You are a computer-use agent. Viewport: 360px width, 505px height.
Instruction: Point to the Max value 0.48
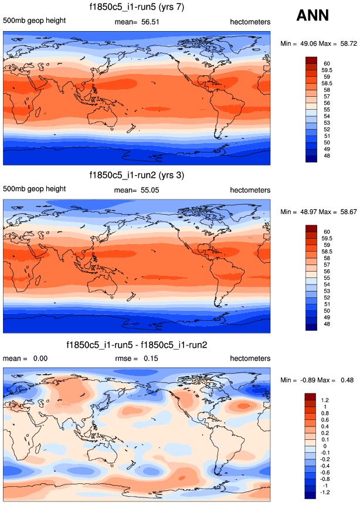pos(344,380)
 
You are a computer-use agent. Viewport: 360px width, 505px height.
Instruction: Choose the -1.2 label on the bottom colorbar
pos(326,493)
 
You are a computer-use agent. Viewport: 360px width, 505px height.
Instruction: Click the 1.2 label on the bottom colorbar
pos(325,399)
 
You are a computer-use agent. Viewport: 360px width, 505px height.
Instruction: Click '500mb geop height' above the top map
pos(35,22)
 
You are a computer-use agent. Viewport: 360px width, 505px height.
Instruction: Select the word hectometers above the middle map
pos(250,191)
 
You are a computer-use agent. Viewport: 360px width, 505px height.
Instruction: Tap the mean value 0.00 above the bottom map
pos(40,358)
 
